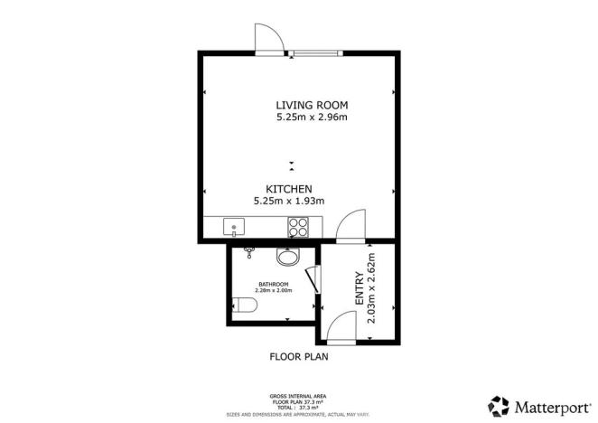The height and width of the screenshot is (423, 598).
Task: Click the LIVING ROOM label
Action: tap(298, 104)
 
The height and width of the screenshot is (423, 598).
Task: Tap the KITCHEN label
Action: tap(289, 188)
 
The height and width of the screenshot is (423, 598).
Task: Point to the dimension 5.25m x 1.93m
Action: tap(290, 201)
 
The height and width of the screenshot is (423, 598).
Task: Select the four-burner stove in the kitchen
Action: tap(300, 227)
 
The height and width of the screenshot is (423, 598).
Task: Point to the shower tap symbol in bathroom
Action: tap(249, 253)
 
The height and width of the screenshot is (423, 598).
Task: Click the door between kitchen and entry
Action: tap(350, 226)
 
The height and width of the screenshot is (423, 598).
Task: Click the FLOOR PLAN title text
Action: tap(299, 356)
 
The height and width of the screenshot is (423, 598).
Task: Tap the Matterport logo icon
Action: tap(499, 405)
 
